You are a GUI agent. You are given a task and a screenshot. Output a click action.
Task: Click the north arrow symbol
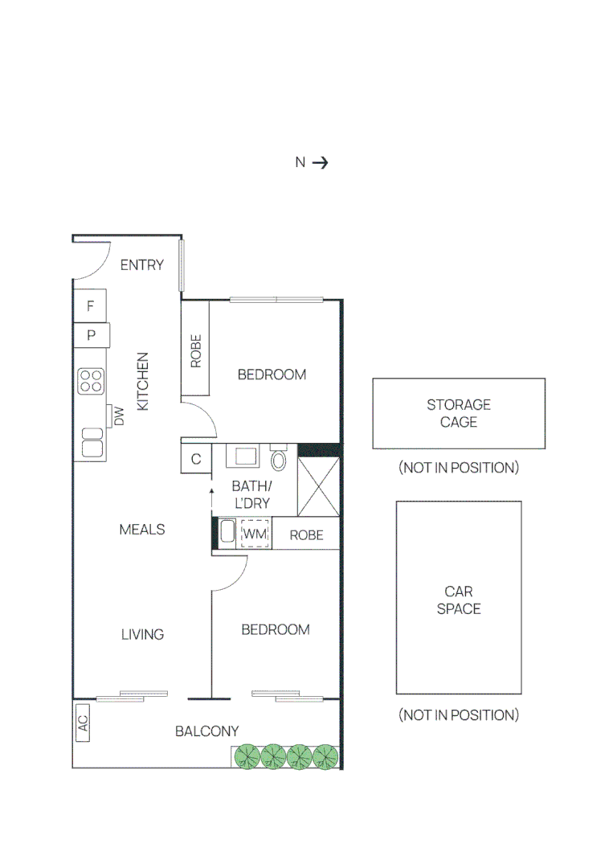[320, 162]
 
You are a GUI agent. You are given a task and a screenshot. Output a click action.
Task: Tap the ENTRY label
[142, 265]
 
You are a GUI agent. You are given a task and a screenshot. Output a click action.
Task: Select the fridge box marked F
[91, 306]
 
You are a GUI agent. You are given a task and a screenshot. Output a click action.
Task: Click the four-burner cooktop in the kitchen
[91, 380]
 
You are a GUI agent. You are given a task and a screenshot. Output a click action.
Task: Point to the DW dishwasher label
[119, 416]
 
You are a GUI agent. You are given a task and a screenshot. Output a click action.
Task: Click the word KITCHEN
[143, 382]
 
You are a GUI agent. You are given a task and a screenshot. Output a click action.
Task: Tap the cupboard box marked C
[196, 460]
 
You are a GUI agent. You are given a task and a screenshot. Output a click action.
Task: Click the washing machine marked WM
[255, 534]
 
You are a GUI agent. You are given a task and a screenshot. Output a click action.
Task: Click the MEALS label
[142, 530]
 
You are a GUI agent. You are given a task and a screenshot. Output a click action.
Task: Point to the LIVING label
[142, 635]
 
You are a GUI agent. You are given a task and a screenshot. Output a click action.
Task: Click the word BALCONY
[207, 731]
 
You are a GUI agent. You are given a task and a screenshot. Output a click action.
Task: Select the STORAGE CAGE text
[459, 414]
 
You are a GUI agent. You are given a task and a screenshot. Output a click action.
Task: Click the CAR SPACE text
[459, 600]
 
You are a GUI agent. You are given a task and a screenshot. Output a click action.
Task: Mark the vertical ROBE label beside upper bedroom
[195, 351]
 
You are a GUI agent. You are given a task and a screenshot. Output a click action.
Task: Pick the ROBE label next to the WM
[306, 535]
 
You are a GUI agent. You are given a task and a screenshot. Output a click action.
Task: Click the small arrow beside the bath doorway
[211, 491]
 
